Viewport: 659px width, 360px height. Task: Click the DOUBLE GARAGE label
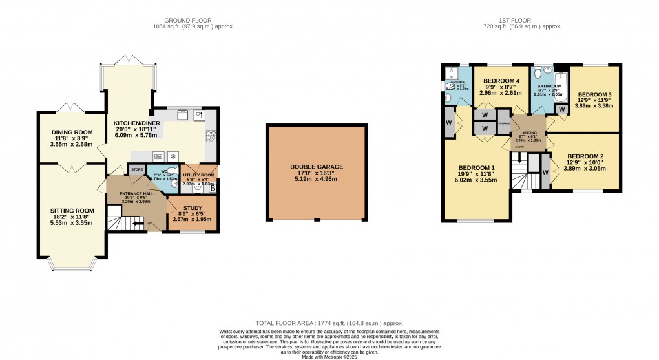[x=317, y=167]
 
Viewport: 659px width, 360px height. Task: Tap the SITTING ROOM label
[x=72, y=211]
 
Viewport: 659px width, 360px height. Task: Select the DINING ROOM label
[x=72, y=132]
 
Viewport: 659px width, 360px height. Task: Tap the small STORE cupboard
[x=137, y=169]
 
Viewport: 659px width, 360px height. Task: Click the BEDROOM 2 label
[x=585, y=156]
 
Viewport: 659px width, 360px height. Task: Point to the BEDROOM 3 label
[x=594, y=94]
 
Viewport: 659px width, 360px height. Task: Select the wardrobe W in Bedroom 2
[x=545, y=173]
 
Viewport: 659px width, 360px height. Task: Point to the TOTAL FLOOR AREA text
[x=329, y=322]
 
